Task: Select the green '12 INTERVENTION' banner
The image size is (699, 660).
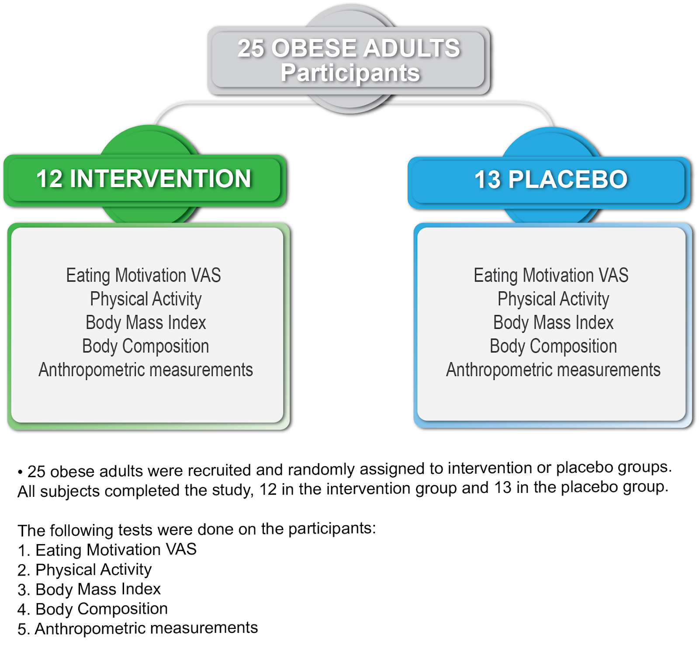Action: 144,179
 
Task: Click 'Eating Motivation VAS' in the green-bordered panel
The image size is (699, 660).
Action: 143,276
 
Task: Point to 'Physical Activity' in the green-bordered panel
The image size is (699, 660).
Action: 145,299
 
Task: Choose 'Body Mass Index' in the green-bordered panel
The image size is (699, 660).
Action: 145,323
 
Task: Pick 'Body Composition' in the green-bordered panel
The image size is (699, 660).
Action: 145,346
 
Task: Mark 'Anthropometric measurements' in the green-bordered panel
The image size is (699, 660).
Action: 145,370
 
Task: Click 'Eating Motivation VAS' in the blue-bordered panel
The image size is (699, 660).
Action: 551,276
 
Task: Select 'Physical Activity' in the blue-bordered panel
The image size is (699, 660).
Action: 553,299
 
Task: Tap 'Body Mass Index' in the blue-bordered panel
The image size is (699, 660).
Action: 553,323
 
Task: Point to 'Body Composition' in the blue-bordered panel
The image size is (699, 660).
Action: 553,346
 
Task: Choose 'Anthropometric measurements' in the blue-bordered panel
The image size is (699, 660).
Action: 553,370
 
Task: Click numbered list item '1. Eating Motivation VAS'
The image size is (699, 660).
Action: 107,550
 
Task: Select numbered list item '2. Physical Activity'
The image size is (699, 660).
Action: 85,570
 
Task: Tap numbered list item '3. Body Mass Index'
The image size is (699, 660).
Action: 89,590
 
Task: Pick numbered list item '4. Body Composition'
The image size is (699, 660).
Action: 93,609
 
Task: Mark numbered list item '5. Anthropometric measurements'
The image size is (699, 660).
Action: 138,629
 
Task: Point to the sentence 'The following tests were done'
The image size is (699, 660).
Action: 197,529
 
